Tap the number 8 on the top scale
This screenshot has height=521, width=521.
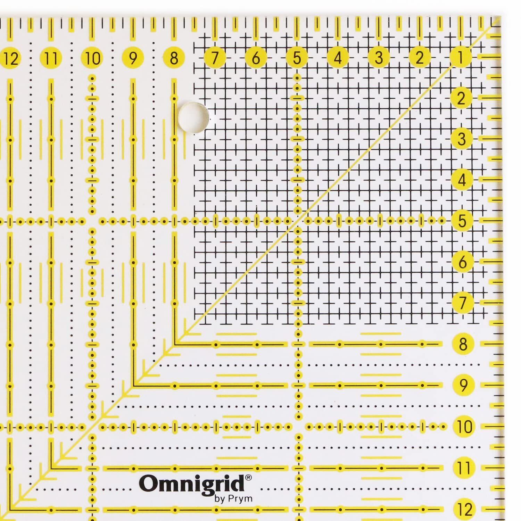(x=174, y=58)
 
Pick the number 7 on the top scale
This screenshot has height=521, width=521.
(x=215, y=58)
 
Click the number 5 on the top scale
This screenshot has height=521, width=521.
(x=297, y=58)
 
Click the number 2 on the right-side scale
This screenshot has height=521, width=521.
(x=461, y=98)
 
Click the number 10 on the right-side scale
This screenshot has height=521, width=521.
(x=464, y=426)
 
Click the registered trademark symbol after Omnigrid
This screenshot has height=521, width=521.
(x=249, y=478)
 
